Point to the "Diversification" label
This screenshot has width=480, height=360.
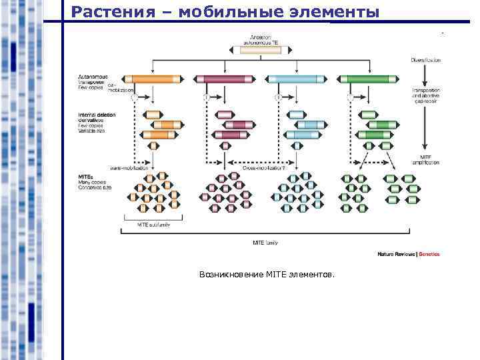click(x=425, y=59)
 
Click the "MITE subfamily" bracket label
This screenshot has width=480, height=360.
click(x=154, y=225)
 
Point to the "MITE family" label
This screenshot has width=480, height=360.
click(x=265, y=242)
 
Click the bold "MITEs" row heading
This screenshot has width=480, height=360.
click(x=87, y=177)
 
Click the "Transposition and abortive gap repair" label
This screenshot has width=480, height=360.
click(x=426, y=95)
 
